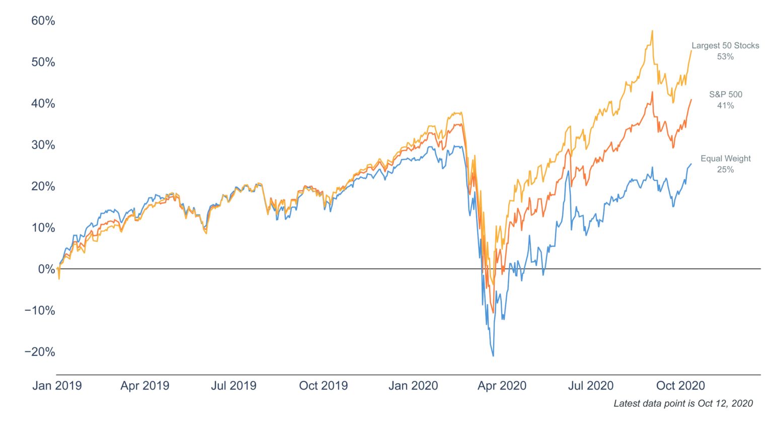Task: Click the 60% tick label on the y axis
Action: [43, 21]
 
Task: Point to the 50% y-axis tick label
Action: [43, 62]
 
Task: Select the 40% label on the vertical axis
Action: [43, 103]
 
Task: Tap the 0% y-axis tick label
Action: [46, 269]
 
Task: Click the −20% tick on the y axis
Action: [40, 352]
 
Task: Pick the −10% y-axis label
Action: [40, 311]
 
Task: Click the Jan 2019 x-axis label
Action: [57, 386]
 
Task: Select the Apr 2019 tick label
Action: [145, 386]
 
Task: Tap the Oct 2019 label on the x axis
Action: [324, 386]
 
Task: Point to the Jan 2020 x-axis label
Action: [413, 386]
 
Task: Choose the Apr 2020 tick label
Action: [502, 386]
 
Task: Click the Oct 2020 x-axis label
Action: [680, 386]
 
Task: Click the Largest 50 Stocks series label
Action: [725, 45]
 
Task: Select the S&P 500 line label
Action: [726, 94]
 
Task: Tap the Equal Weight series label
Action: [726, 159]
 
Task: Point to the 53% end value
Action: [725, 57]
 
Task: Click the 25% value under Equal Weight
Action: [725, 170]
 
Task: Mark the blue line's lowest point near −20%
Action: [493, 355]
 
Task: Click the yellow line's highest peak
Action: [652, 31]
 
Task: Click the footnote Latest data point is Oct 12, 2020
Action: [683, 403]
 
